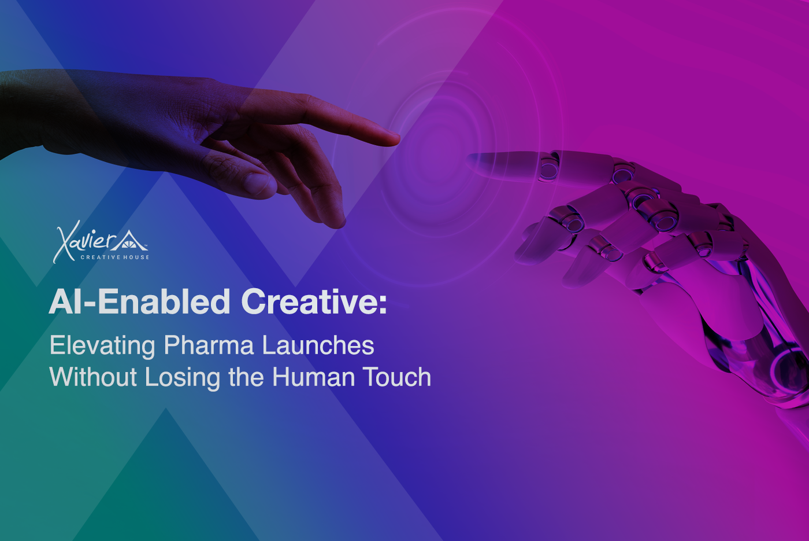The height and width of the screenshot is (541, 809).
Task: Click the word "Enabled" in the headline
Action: click(164, 301)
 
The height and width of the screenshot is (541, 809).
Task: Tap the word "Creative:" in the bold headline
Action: click(314, 301)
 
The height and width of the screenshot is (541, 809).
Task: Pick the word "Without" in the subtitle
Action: click(93, 377)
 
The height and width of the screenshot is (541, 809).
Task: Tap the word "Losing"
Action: click(183, 377)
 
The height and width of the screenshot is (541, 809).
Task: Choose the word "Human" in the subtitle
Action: click(313, 377)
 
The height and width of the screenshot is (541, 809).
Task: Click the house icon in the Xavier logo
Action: click(129, 240)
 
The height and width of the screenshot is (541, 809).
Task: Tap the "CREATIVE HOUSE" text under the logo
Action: click(115, 257)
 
